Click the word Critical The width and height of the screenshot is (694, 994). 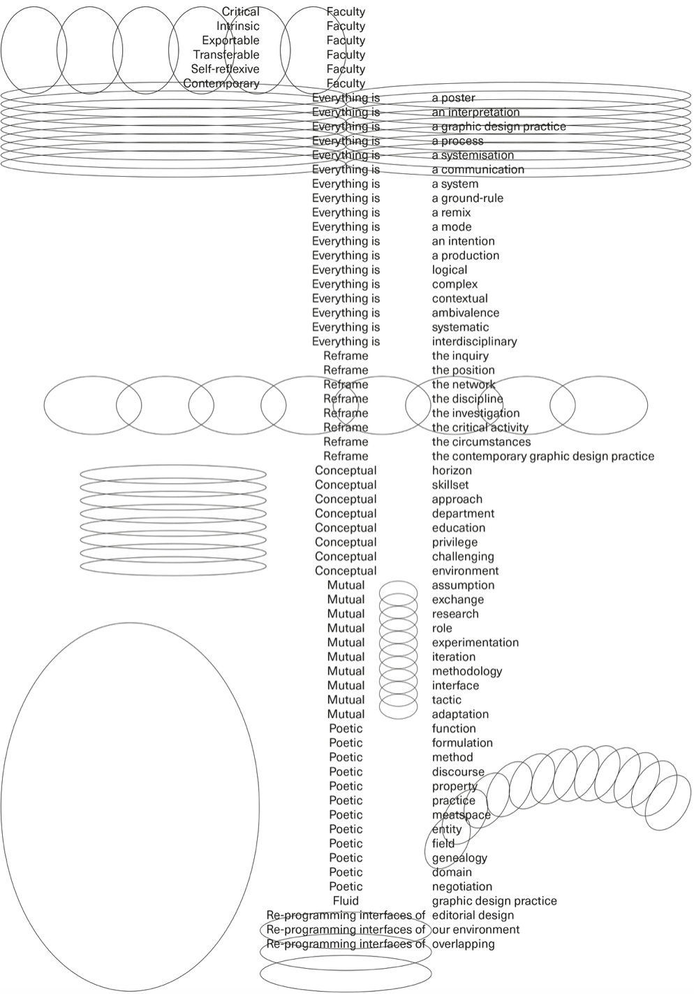(241, 12)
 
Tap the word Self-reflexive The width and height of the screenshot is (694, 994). (225, 69)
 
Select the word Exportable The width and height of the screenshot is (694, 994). (230, 41)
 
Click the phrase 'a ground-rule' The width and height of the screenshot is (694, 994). (468, 199)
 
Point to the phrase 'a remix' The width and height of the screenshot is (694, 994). (451, 213)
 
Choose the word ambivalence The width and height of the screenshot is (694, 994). (465, 313)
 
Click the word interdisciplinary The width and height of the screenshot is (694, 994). (474, 342)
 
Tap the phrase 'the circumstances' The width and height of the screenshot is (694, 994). (481, 442)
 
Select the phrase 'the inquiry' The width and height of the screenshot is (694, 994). (460, 356)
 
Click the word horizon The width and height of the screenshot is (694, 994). (452, 470)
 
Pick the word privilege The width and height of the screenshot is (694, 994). (455, 542)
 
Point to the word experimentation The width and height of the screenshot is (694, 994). (475, 642)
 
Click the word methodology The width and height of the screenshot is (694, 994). (467, 671)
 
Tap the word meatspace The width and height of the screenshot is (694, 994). (461, 815)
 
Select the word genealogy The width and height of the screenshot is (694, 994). (459, 858)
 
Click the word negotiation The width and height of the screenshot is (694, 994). (462, 886)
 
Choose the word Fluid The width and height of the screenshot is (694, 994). (346, 901)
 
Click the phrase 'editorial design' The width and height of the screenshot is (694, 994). (473, 916)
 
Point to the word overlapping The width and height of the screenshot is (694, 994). (463, 944)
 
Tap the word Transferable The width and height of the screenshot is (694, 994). (226, 55)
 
